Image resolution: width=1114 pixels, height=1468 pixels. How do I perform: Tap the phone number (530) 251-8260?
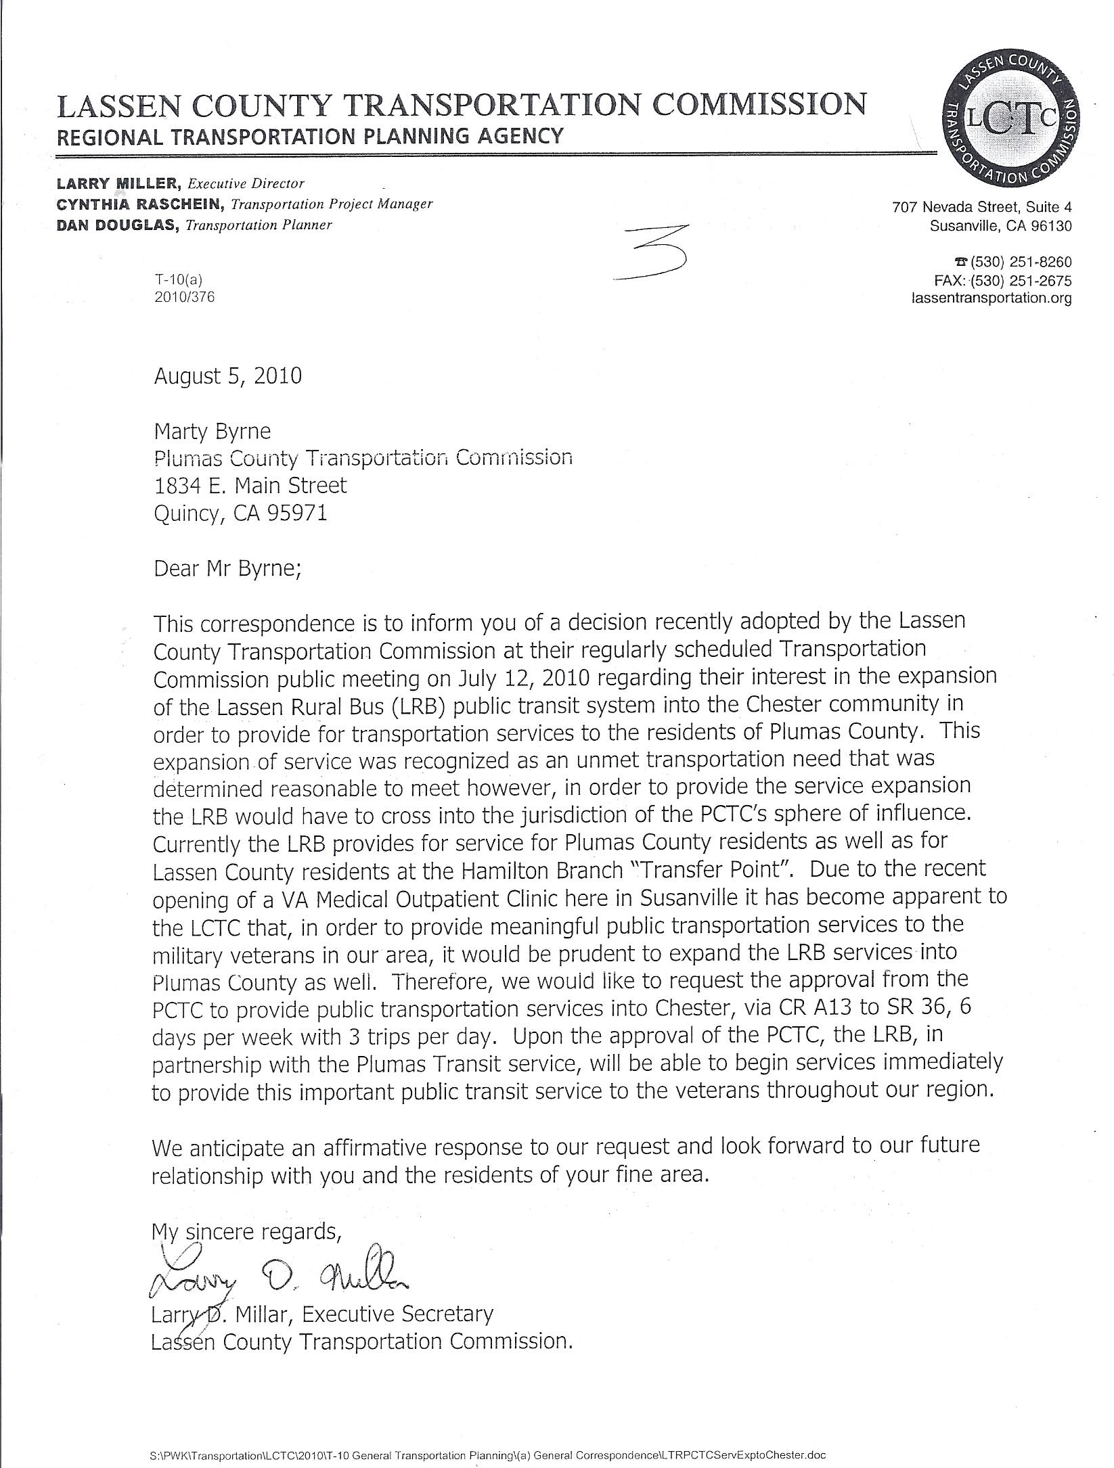coord(1021,262)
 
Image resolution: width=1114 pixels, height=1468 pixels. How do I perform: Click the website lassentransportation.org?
coord(992,298)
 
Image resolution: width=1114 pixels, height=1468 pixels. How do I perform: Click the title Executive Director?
coord(246,183)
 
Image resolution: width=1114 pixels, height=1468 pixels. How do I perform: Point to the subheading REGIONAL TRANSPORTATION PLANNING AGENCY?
coord(309,137)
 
